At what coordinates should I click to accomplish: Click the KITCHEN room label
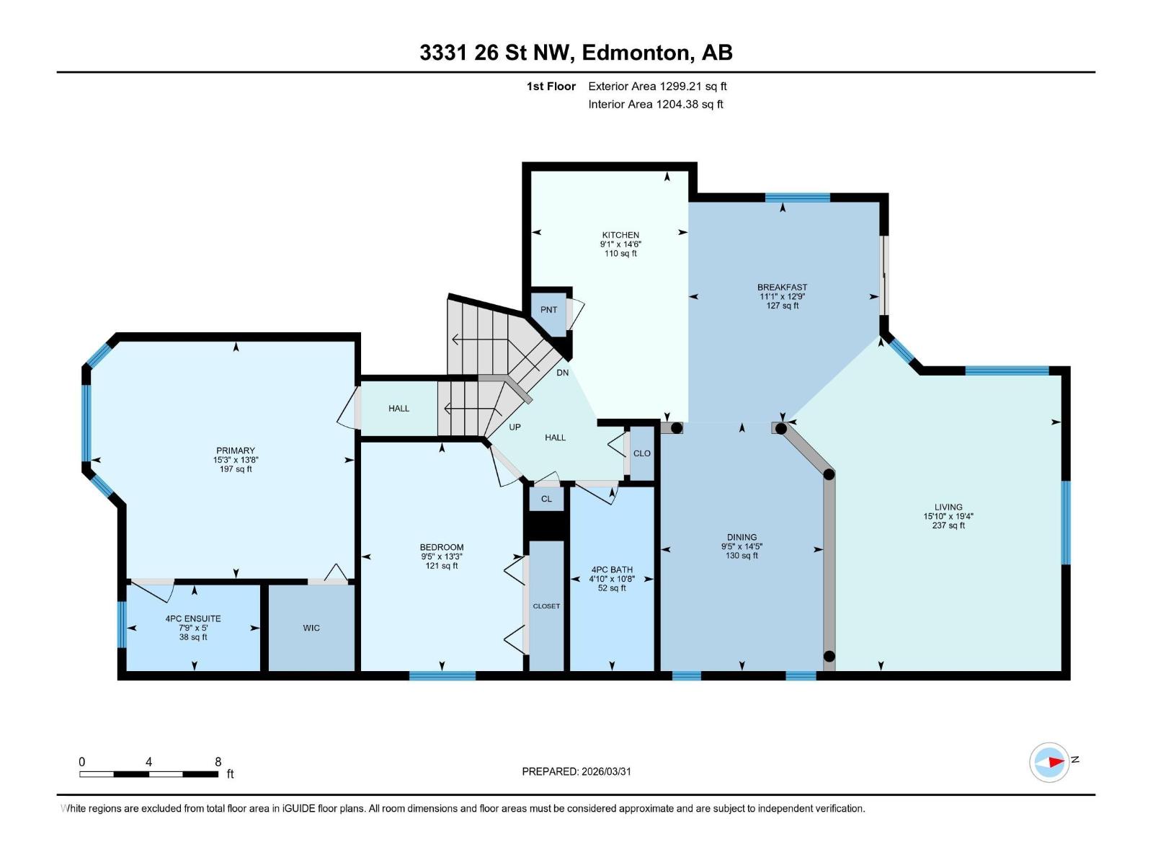(620, 235)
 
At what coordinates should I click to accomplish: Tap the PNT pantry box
(548, 310)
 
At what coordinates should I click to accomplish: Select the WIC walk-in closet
(311, 628)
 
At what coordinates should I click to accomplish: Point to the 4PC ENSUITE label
(193, 618)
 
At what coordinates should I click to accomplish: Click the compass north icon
(1049, 762)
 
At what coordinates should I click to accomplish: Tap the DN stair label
(563, 373)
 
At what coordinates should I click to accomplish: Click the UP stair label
(515, 427)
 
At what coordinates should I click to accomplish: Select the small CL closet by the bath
(546, 499)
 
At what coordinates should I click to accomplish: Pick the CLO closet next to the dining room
(641, 453)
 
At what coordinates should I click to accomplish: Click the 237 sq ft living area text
(948, 525)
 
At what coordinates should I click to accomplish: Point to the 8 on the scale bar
(218, 762)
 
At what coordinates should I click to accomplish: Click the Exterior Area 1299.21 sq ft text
(657, 86)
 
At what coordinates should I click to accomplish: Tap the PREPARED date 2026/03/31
(576, 771)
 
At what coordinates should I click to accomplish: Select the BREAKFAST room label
(782, 287)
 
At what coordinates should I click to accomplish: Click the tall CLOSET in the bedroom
(546, 606)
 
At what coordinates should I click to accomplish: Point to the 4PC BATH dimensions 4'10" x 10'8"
(612, 579)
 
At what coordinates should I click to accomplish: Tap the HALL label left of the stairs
(399, 409)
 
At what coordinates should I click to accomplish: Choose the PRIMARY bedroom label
(236, 451)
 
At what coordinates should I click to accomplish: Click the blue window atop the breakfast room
(797, 198)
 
